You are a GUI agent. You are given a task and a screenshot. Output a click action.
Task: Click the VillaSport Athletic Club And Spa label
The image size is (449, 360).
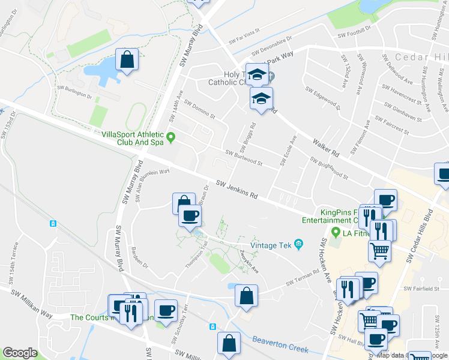[133, 139]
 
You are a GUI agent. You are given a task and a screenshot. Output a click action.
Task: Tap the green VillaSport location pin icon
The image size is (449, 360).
[170, 138]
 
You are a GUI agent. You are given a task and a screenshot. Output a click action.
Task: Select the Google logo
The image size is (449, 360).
[20, 353]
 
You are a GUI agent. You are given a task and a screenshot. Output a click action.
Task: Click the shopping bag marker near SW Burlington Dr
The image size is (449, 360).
[127, 60]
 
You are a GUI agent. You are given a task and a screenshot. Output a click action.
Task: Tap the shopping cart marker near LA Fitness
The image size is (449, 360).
[380, 250]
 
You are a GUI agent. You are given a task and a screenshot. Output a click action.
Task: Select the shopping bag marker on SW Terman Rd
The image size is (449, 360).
[246, 296]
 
